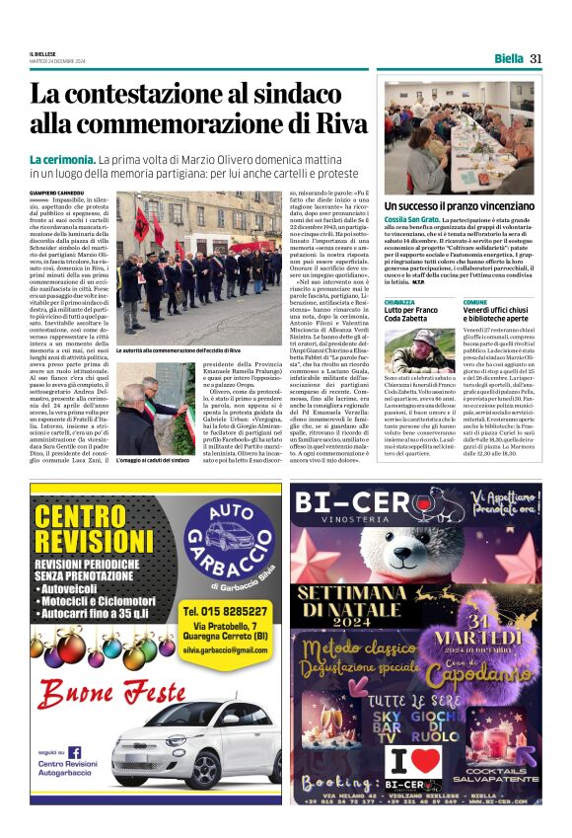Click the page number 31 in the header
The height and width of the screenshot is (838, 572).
tap(536, 58)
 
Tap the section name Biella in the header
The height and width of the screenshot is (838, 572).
tap(509, 58)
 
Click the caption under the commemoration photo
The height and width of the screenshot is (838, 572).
tap(178, 349)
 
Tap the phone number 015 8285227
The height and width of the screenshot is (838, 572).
tap(234, 611)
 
